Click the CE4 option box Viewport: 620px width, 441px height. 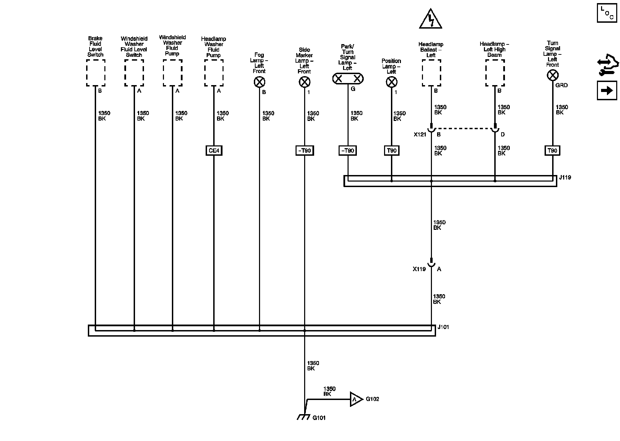coord(214,151)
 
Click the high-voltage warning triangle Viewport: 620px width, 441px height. coord(431,20)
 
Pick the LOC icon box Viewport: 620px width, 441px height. coord(607,13)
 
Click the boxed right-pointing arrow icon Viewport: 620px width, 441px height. coord(607,90)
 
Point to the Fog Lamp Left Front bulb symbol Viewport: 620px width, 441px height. coord(259,82)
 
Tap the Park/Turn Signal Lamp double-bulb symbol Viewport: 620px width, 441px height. coord(348,79)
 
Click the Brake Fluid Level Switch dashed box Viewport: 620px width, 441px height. coord(95,73)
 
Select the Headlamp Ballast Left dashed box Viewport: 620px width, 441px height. coord(431,73)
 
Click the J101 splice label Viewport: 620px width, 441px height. coord(443,327)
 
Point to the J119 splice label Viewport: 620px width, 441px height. coord(565,178)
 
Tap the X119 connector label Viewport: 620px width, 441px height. coord(419,269)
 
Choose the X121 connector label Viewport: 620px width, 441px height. coord(420,134)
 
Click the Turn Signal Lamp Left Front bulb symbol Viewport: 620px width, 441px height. coord(552,75)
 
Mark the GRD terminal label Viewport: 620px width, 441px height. coord(561,85)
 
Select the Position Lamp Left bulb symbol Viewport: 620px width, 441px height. coord(391,82)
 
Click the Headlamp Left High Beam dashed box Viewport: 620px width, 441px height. coord(495,73)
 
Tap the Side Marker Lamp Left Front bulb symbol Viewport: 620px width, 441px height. coord(304,82)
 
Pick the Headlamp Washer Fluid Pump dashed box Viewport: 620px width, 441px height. coord(214,73)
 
